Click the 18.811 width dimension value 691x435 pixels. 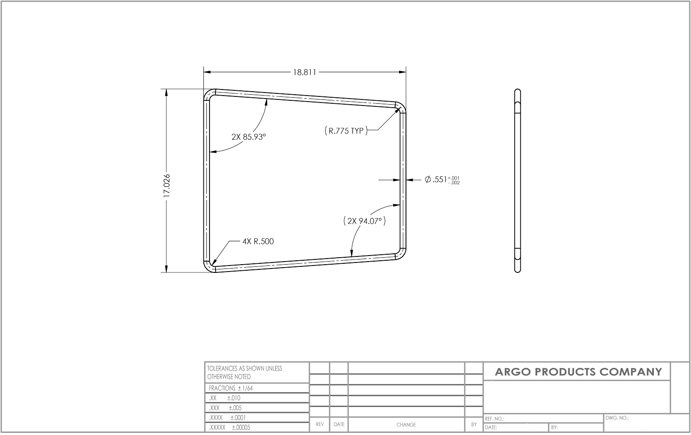click(304, 72)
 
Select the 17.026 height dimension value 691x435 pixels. click(167, 186)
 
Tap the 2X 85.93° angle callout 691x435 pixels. click(249, 137)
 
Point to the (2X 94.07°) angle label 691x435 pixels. click(365, 221)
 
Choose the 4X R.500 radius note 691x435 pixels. click(258, 241)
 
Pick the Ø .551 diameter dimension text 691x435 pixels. click(442, 180)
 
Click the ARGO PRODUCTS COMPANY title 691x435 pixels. click(578, 372)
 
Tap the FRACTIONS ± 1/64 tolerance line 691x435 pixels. click(231, 388)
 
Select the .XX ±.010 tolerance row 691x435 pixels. click(225, 398)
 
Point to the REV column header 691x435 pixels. click(320, 425)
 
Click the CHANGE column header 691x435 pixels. click(406, 425)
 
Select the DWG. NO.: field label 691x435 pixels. click(617, 418)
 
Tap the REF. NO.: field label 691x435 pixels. click(495, 419)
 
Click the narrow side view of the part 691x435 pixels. click(517, 181)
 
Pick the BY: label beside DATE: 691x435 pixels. click(555, 428)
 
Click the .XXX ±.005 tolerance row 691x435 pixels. click(225, 408)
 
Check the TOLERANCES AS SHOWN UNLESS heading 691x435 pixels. click(244, 368)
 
